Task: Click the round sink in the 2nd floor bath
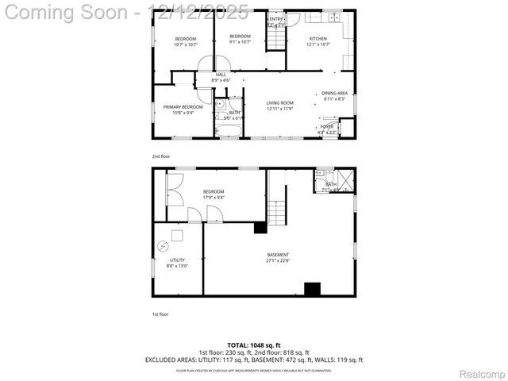click(220, 104)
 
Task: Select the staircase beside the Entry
click(275, 39)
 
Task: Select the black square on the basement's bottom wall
click(312, 289)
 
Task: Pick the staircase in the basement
click(275, 212)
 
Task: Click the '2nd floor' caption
click(160, 156)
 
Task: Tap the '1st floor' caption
click(160, 314)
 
